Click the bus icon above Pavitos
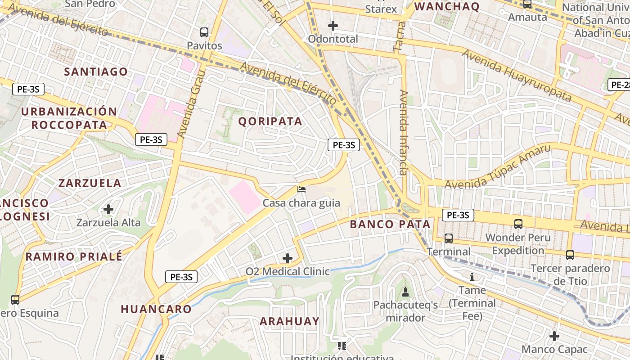(204, 32)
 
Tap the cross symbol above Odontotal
(333, 26)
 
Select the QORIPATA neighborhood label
(270, 121)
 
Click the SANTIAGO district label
(96, 72)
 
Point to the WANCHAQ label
(446, 6)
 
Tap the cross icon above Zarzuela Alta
(108, 209)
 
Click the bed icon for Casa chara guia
(301, 189)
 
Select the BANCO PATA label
(390, 224)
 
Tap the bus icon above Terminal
(449, 238)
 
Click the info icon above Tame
(472, 276)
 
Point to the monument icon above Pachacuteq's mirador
(405, 292)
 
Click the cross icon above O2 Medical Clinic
(287, 258)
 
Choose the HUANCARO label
(156, 309)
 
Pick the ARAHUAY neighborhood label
(289, 321)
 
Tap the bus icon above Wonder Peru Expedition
(518, 224)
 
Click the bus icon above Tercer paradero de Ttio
(570, 255)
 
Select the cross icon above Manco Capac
(554, 336)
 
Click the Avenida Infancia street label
(403, 132)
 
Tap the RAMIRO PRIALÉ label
(74, 257)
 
